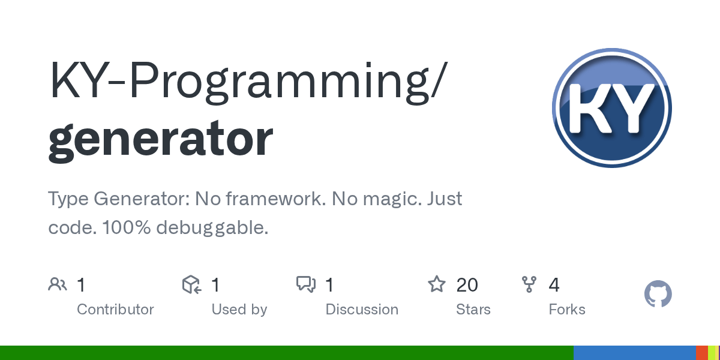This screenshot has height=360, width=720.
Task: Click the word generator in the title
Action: (161, 139)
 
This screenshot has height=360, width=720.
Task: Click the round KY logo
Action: (611, 108)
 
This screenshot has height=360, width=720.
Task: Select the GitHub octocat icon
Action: (658, 295)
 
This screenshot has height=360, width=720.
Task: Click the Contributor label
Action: (115, 310)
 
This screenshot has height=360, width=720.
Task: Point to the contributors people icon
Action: (58, 284)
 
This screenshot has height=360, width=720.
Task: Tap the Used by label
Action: (239, 310)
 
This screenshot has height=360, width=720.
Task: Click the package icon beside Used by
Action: (191, 284)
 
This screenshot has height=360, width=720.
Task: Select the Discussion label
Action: (362, 310)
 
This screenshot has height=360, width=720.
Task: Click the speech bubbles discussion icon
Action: (306, 284)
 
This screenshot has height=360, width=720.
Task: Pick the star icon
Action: (436, 284)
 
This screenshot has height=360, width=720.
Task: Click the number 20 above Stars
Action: (467, 284)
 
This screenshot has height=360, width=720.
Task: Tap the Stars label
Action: (473, 310)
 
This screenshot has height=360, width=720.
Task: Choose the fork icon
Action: (529, 284)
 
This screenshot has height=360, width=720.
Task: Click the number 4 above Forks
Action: (554, 284)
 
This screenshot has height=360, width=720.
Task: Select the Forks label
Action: (567, 310)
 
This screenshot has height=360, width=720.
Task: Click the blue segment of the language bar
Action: (634, 353)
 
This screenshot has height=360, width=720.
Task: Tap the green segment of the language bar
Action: (287, 353)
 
